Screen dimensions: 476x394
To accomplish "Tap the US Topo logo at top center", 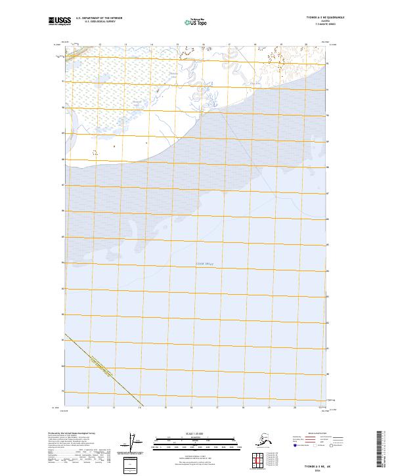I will click(196, 22).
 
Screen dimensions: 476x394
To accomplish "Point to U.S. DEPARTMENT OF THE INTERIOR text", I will click(97, 18).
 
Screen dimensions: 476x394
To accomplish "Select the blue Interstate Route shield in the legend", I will click(293, 446).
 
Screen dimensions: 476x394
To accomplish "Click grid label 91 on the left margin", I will click(63, 81).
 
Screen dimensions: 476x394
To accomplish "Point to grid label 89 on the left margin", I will click(63, 133).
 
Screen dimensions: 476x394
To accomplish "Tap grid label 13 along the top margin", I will click(125, 45).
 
